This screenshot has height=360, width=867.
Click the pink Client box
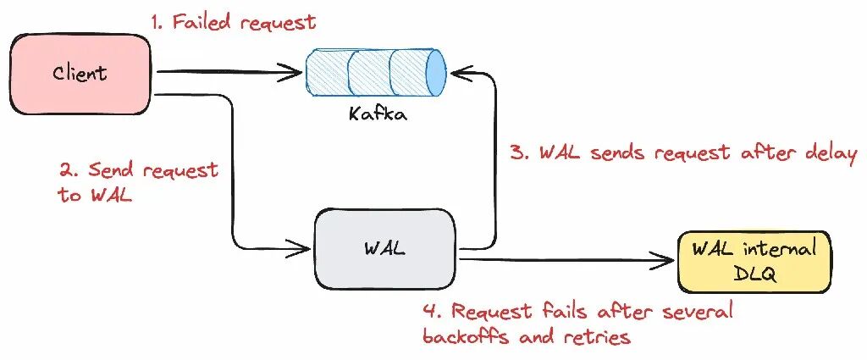(x=80, y=74)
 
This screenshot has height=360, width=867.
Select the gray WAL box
(x=385, y=249)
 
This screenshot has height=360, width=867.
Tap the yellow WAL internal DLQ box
(x=754, y=262)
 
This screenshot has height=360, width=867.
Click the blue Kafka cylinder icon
(x=376, y=72)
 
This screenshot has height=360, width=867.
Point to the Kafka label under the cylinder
(x=378, y=114)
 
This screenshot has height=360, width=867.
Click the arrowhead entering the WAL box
(x=299, y=248)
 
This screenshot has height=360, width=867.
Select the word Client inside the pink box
(x=80, y=73)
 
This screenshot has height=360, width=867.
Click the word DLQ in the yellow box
(x=754, y=274)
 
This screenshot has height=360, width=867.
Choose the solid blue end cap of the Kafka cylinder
(x=436, y=72)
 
